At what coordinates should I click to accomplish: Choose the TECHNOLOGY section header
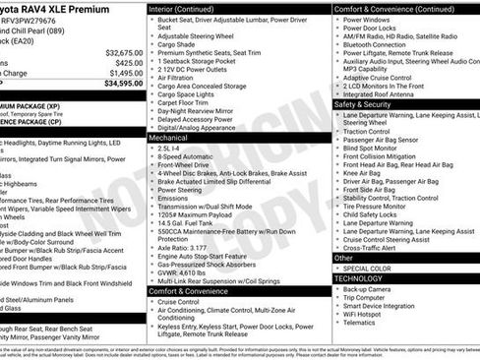click(x=358, y=278)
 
